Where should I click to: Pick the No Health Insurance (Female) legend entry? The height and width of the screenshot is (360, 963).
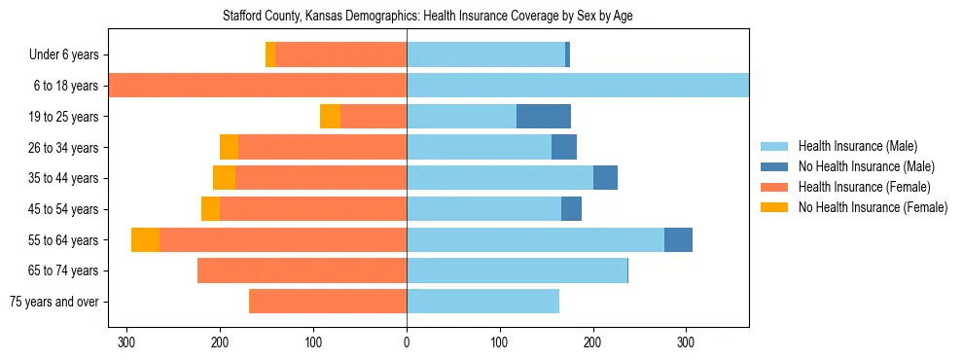click(x=873, y=207)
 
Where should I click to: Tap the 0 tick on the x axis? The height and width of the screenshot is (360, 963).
click(x=407, y=343)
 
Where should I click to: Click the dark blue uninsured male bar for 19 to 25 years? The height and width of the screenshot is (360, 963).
click(x=544, y=117)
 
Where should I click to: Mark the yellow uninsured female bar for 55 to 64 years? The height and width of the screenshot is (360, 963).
click(x=146, y=240)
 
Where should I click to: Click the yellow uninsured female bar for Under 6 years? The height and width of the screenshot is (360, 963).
click(x=270, y=55)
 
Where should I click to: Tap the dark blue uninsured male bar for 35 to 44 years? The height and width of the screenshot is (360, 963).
click(x=605, y=178)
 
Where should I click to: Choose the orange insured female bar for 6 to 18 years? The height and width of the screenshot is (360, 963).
click(x=258, y=86)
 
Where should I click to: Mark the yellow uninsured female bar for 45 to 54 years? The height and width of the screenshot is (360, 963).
click(x=210, y=209)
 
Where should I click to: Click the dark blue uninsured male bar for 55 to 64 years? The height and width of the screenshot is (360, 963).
click(x=678, y=240)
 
